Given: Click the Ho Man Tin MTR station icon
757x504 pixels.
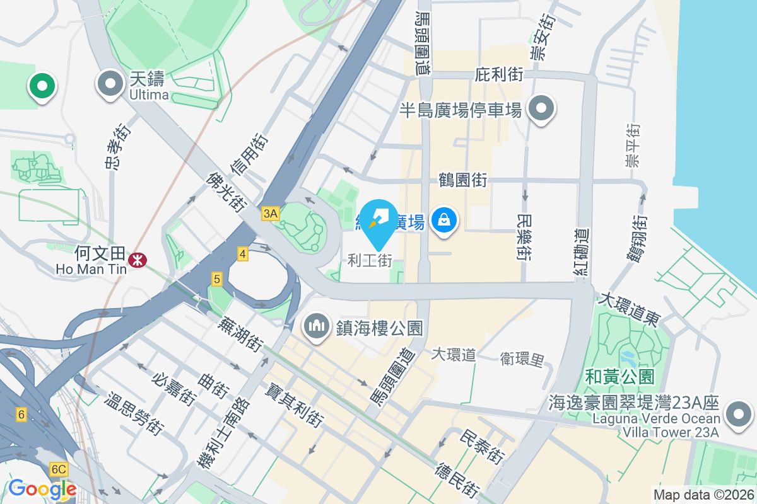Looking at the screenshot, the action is (x=135, y=259).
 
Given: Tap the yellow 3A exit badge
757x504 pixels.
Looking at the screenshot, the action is (x=270, y=214).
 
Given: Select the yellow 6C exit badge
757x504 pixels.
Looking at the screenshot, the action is (x=59, y=469).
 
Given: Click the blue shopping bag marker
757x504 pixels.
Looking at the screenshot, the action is (x=445, y=220).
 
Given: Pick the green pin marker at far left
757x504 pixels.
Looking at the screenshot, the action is (x=42, y=86).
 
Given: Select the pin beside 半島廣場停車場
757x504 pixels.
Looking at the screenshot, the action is (x=541, y=108).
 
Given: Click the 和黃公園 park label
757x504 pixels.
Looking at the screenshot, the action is (x=619, y=377).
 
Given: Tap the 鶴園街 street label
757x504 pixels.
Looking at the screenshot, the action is (x=463, y=180).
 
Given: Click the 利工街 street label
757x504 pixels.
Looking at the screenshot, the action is (x=370, y=260).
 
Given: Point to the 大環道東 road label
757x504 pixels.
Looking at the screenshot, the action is (x=630, y=309).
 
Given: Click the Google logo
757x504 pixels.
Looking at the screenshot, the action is (x=42, y=489).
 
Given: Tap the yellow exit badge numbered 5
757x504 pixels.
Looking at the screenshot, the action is (x=216, y=278).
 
